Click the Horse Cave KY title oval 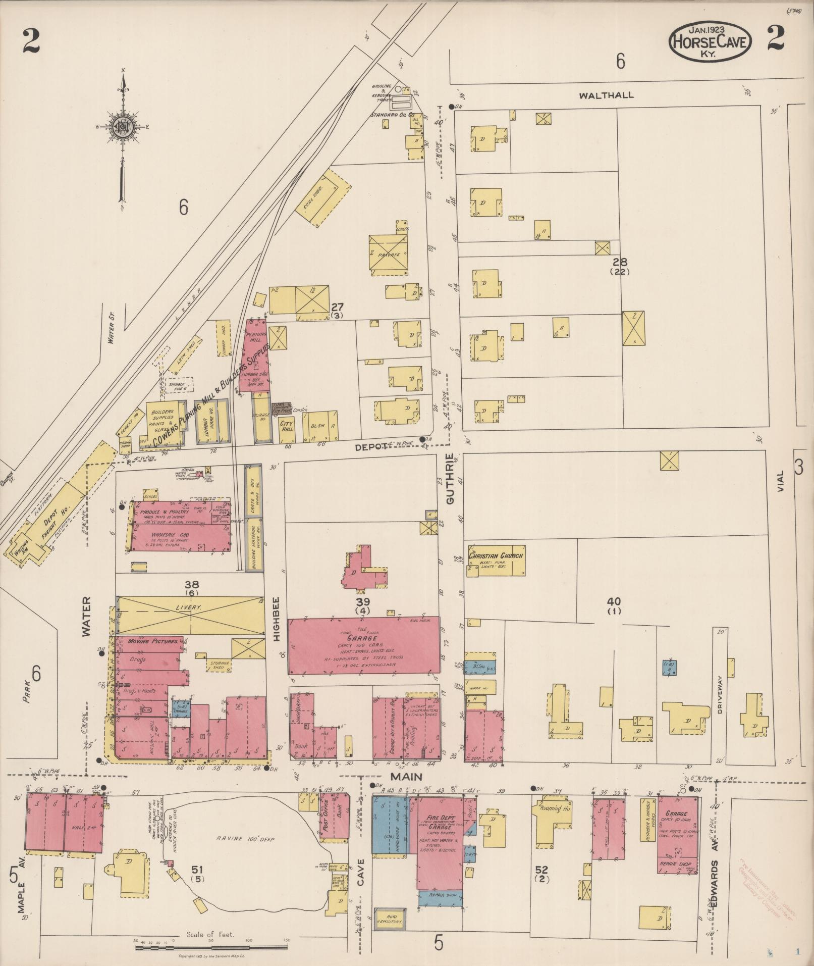point(710,41)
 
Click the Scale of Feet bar point(212,946)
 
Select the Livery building point(189,615)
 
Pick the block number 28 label point(620,262)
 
